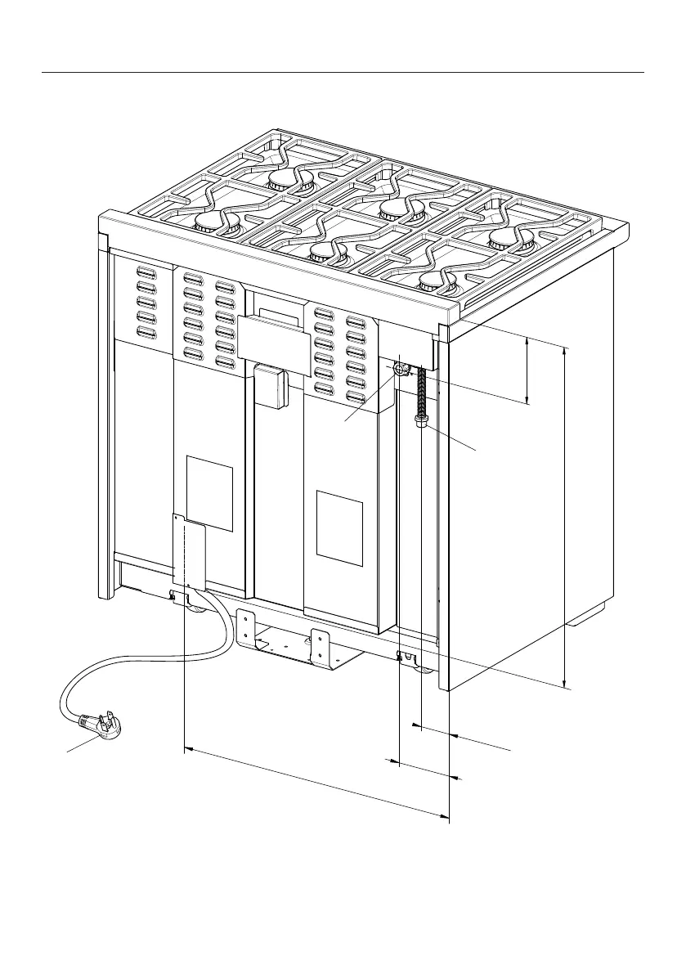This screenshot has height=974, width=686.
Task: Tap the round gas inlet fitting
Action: click(399, 370)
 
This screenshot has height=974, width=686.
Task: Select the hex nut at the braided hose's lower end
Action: click(420, 420)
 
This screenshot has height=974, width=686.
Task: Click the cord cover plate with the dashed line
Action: click(189, 551)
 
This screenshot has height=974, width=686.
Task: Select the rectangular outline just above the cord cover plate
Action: click(209, 492)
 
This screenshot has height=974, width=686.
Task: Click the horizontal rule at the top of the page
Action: click(343, 72)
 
